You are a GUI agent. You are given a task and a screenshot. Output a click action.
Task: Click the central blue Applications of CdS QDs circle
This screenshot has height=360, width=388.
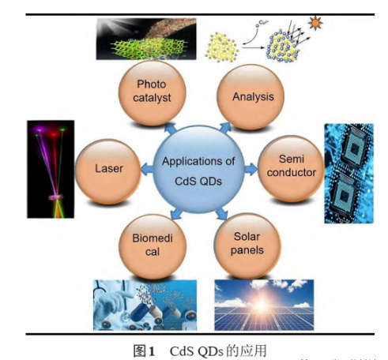click(198, 167)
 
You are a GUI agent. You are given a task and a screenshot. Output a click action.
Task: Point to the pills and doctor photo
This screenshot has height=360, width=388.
click(141, 303)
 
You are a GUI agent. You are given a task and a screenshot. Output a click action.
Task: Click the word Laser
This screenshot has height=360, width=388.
click(108, 167)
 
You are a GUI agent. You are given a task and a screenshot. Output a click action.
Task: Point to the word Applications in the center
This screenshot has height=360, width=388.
click(198, 160)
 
